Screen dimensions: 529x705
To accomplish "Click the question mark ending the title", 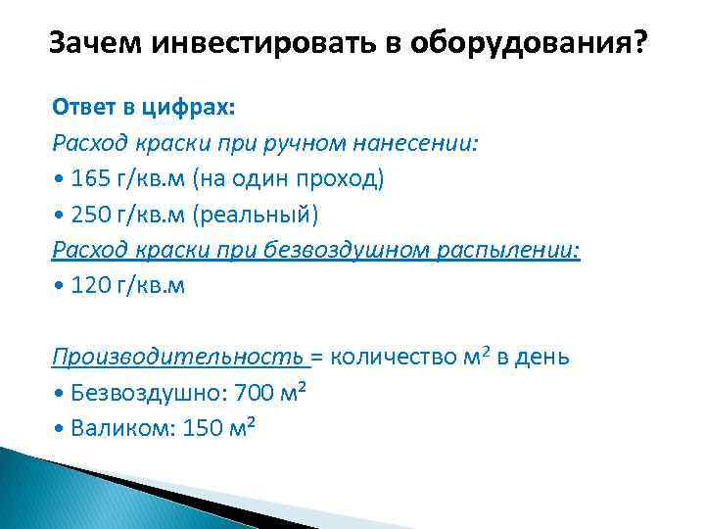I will coord(640,43).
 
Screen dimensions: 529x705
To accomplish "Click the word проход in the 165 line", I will coord(346,179).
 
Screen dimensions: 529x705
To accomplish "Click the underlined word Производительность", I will coord(179,357).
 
